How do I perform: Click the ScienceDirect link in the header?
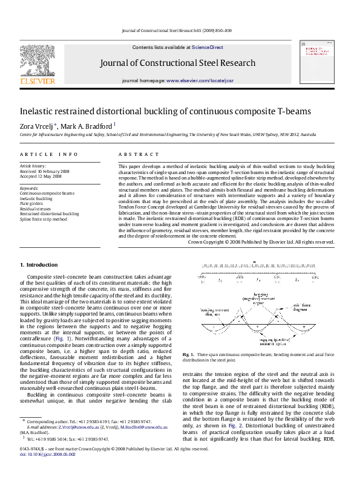click(207, 47)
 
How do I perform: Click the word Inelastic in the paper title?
click(37, 111)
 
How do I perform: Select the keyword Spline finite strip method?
click(43, 219)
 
